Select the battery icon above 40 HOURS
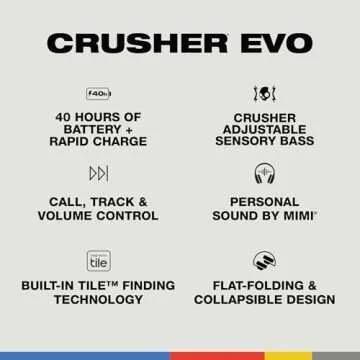pos(98,93)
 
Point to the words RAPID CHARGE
pos(98,143)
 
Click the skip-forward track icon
pos(98,174)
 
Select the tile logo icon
pos(98,259)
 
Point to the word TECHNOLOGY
pos(98,299)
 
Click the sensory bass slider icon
pos(264,93)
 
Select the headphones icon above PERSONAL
pos(264,174)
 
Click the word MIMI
pos(300,215)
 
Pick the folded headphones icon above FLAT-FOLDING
pos(264,259)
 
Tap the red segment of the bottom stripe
pos(217,355)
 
